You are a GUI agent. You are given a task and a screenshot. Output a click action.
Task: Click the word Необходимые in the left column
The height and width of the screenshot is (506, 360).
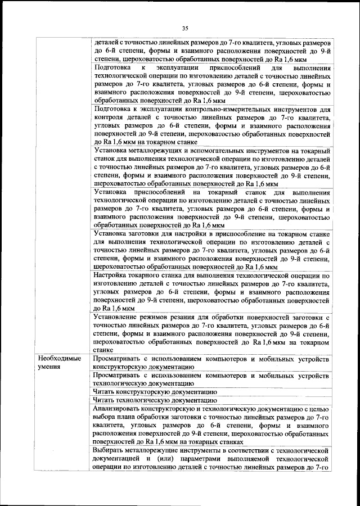point(59,359)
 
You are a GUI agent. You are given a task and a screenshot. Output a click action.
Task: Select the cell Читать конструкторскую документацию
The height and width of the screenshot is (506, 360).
point(155,391)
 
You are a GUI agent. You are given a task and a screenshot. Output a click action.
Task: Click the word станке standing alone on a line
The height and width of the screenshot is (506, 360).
point(103,349)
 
